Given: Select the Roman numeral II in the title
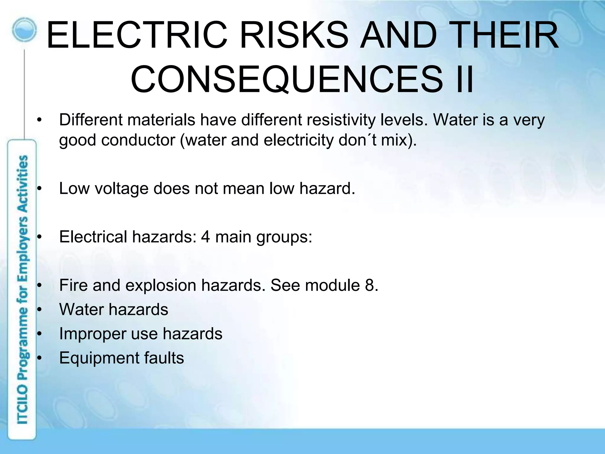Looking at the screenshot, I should coord(464,79).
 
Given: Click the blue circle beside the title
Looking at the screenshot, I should coord(25,30).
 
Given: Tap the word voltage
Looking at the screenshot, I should coord(121,189).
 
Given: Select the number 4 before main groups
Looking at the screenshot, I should coord(205,237).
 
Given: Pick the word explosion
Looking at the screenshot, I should coord(161,286).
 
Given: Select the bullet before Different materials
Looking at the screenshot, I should coord(40,121).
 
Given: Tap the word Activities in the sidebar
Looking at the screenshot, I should coord(23,183).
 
